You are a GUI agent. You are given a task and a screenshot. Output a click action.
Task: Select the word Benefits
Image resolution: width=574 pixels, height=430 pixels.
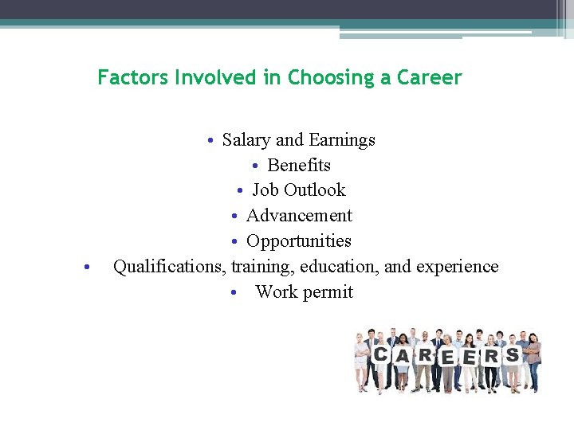click(299, 166)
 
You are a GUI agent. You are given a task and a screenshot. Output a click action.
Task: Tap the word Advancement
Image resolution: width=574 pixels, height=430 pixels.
click(299, 216)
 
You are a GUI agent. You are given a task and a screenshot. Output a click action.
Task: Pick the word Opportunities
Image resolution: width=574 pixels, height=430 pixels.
click(299, 241)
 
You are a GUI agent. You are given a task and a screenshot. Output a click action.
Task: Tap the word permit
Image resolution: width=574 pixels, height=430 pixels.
click(326, 292)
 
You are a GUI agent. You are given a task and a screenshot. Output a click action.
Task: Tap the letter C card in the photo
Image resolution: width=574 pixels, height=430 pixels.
click(381, 354)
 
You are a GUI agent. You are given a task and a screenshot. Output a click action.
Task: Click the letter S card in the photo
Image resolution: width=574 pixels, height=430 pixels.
click(512, 354)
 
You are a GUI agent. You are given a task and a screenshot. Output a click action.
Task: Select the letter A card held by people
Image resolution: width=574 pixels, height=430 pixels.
click(403, 358)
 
